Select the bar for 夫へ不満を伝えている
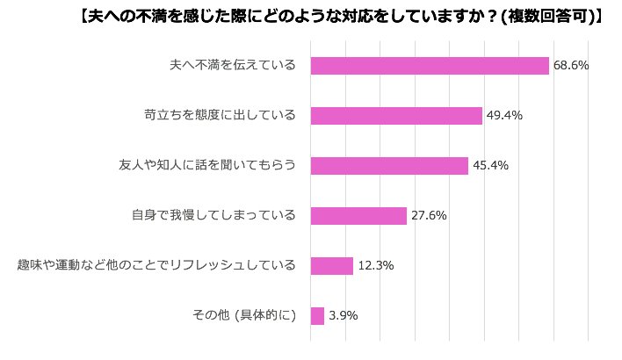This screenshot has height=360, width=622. [x=430, y=66]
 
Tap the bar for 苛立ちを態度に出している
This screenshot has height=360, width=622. [x=396, y=116]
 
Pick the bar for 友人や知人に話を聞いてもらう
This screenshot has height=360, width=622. [x=389, y=166]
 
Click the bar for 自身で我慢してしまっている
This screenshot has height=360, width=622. [x=358, y=216]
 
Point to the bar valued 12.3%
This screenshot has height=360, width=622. [x=332, y=265]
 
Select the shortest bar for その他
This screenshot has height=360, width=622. [x=317, y=315]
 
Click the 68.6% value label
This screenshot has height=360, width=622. [x=571, y=66]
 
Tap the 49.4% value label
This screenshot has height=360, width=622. [x=504, y=116]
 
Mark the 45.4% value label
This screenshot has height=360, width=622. [x=490, y=166]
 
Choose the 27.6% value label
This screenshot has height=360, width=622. [x=430, y=216]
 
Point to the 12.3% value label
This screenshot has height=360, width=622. [x=375, y=265]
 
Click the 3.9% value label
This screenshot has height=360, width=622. [x=343, y=315]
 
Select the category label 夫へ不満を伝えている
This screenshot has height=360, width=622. [x=232, y=66]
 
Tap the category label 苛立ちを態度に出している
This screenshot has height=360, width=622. [x=220, y=116]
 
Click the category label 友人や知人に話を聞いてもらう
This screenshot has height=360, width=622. [x=207, y=166]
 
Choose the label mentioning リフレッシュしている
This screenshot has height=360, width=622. [x=156, y=265]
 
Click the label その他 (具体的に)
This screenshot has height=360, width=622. [x=243, y=315]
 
